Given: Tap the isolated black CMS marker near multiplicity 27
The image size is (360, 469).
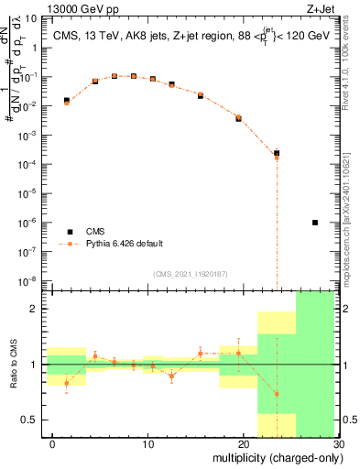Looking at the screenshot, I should [315, 223].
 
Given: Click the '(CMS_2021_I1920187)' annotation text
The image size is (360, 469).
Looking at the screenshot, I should [189, 273].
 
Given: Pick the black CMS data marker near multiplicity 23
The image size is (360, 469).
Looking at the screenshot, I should [277, 153].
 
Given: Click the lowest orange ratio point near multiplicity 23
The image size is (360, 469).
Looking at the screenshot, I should [277, 394].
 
